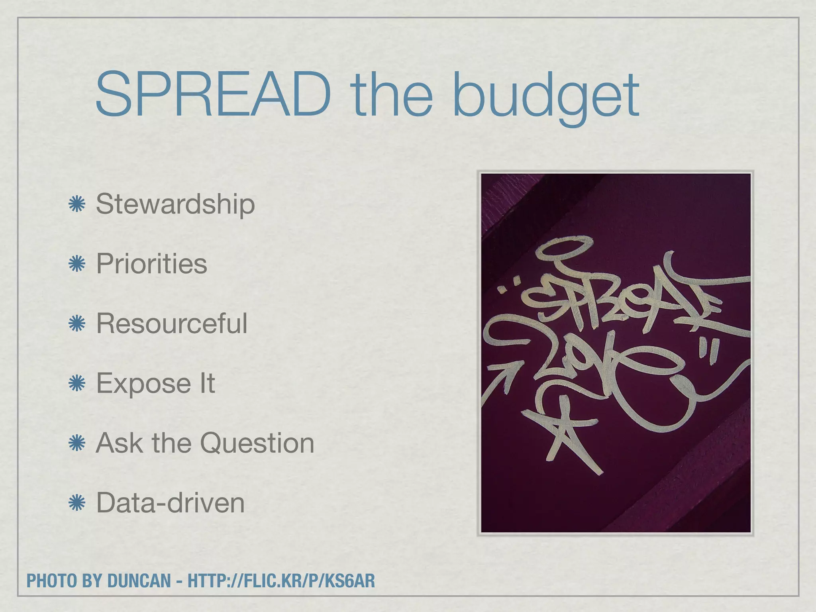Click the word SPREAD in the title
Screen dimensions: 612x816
tap(214, 95)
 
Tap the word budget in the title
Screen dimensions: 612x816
tap(546, 98)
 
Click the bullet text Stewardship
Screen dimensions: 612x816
tap(175, 204)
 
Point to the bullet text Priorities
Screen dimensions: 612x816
tap(152, 264)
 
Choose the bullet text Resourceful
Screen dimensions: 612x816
tap(172, 323)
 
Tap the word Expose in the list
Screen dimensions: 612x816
tap(144, 384)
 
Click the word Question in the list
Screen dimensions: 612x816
tap(257, 443)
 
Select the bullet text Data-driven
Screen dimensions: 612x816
tap(171, 503)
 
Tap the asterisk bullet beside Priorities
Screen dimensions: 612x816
tap(76, 264)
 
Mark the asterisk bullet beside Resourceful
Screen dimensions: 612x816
tap(76, 324)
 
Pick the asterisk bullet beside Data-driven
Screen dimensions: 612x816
tap(76, 503)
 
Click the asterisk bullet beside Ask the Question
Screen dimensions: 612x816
tap(76, 443)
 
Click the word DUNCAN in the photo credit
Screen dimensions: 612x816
tap(139, 581)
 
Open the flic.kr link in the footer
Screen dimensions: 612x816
tap(281, 581)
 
